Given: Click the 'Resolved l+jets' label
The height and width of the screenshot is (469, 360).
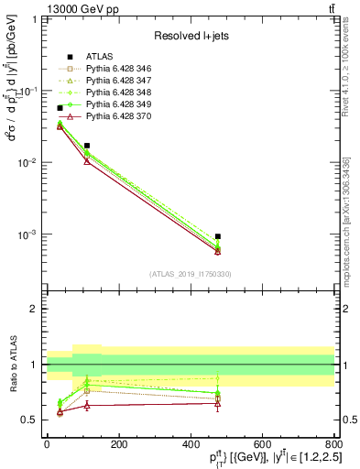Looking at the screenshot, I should (x=189, y=36).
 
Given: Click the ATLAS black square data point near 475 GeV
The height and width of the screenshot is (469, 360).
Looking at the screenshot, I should (x=217, y=236).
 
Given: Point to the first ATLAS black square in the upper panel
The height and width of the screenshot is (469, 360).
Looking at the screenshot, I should (x=60, y=108).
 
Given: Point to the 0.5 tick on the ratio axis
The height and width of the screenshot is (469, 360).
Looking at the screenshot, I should (x=31, y=420).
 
